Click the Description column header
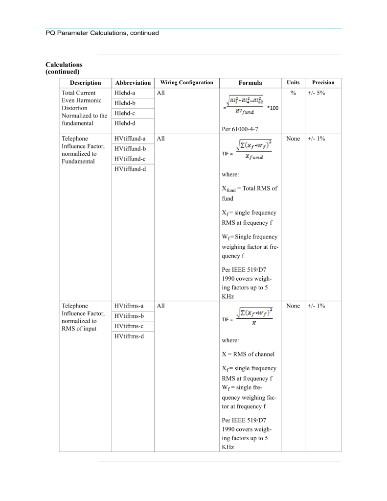[x=85, y=83]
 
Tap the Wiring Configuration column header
[x=187, y=82]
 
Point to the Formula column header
[x=250, y=83]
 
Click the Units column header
[x=293, y=82]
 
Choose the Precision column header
[x=323, y=82]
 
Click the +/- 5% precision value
[x=317, y=93]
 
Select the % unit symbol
[x=293, y=93]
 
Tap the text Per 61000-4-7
[x=240, y=130]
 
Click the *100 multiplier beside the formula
[x=273, y=108]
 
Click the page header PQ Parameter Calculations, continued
[x=102, y=33]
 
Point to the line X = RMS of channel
[x=248, y=354]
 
